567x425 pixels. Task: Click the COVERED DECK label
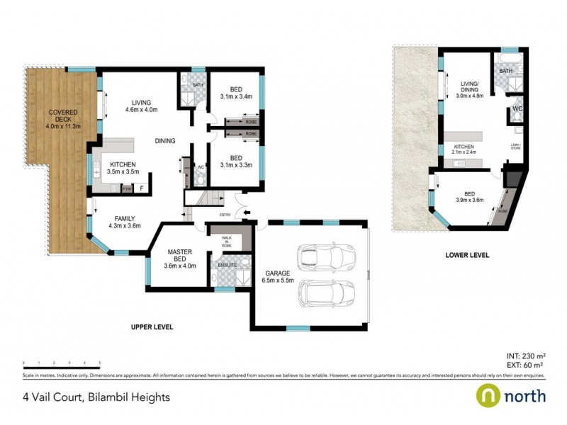click(x=62, y=119)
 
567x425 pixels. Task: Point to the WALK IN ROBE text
click(x=226, y=239)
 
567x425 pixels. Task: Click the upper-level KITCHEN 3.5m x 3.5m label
click(x=123, y=168)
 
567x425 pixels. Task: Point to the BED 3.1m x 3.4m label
click(x=236, y=93)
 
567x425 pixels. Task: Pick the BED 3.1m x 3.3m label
click(x=236, y=161)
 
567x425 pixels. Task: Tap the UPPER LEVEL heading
click(x=152, y=327)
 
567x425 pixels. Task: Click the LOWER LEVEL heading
click(x=467, y=254)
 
